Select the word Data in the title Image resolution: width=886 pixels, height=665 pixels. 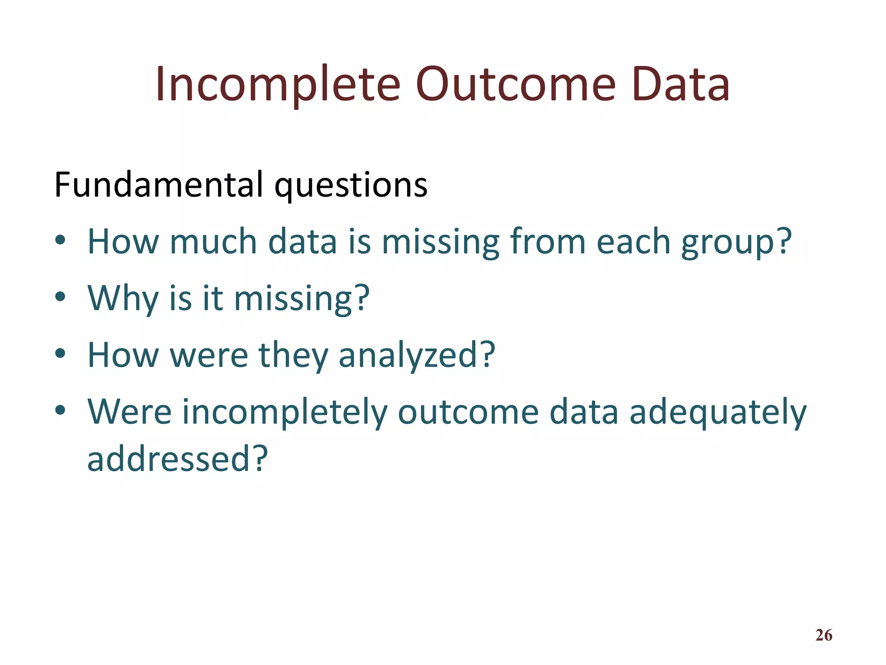point(681,84)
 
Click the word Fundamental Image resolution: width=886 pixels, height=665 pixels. point(159,185)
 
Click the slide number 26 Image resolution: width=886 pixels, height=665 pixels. point(824,635)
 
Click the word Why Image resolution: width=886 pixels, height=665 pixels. point(123,298)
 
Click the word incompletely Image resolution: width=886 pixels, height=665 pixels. point(284,412)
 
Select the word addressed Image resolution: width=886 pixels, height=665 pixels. point(177,458)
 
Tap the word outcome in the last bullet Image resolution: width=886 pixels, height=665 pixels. point(468,412)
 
